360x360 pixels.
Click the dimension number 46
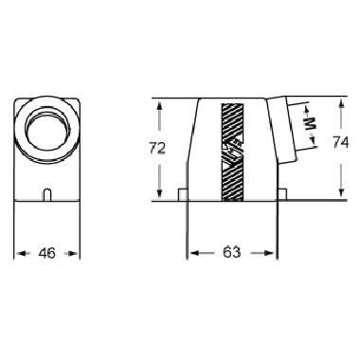coord(47,253)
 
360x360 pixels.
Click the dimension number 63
coord(231,252)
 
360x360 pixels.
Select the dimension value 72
coord(157,148)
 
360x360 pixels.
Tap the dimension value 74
coord(340,142)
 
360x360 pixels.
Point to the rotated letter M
coord(311,122)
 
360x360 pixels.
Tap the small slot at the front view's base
coord(46,194)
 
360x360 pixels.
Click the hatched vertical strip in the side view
coord(233,153)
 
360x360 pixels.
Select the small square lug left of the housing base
coord(183,194)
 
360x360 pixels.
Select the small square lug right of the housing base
coord(282,194)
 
